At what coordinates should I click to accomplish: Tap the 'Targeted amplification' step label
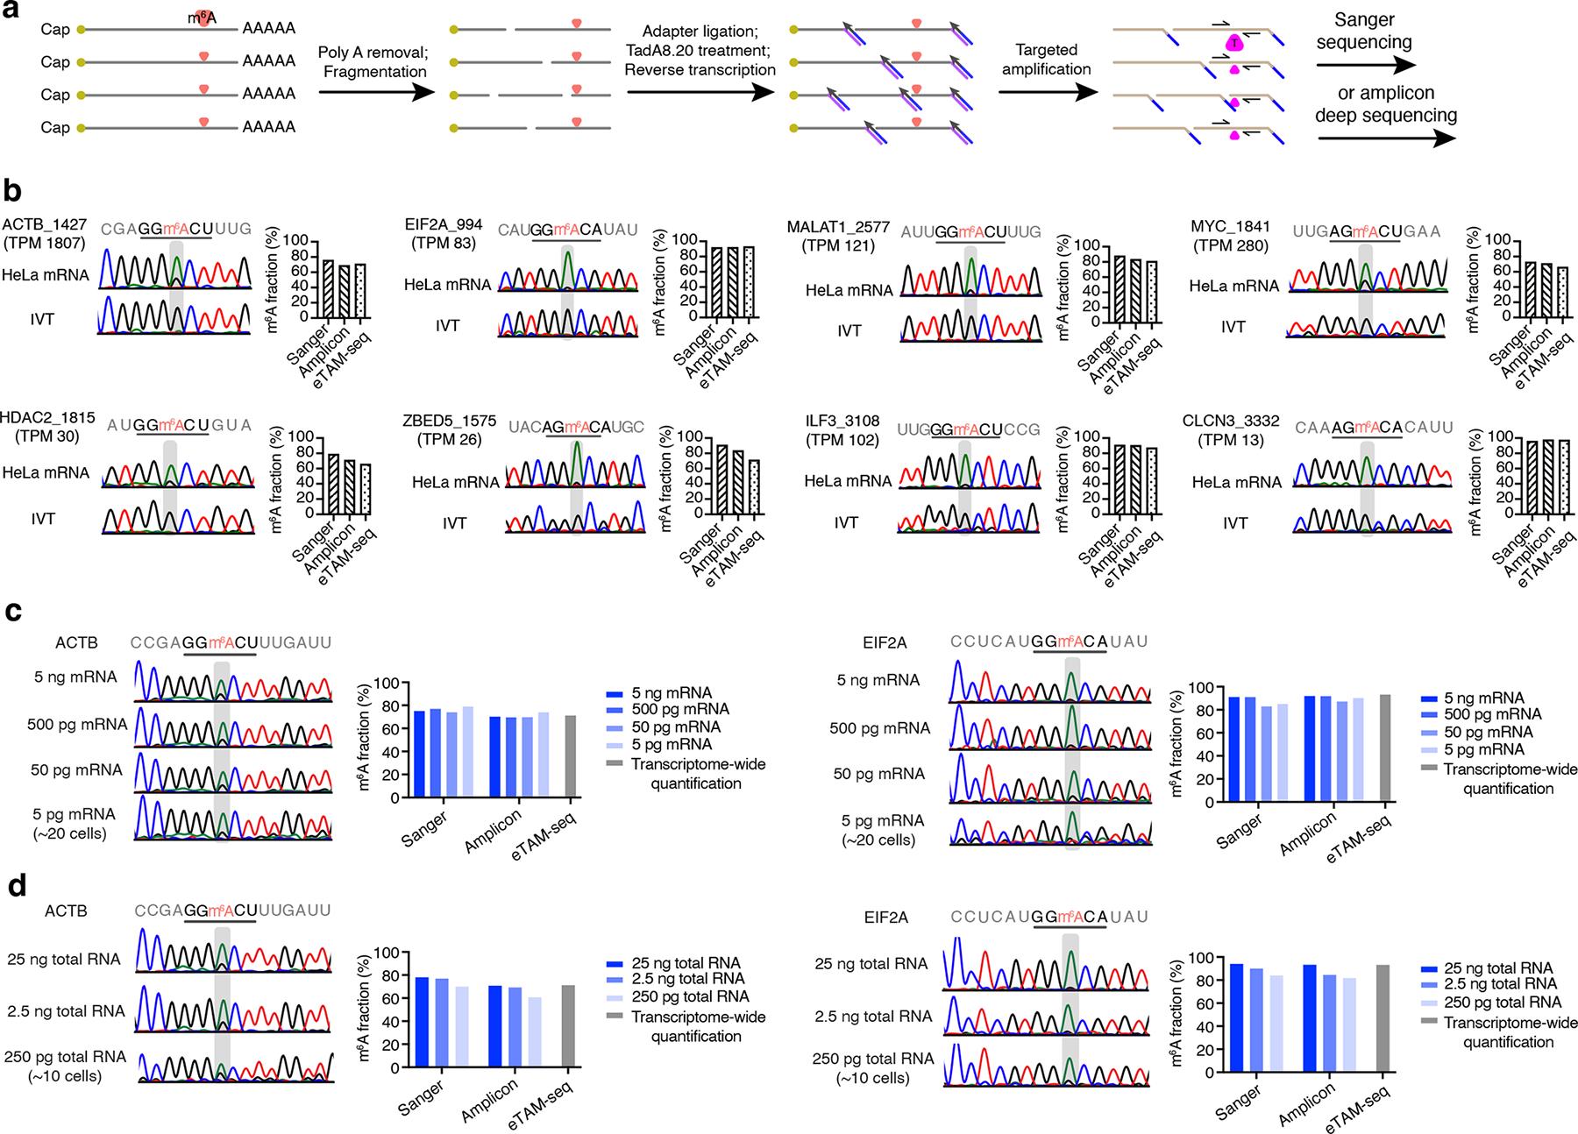pyautogui.click(x=1046, y=60)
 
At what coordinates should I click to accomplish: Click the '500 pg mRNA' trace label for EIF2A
pyautogui.click(x=878, y=727)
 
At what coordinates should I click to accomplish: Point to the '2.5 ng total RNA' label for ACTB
pyautogui.click(x=66, y=1010)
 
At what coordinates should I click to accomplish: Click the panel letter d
pyautogui.click(x=14, y=886)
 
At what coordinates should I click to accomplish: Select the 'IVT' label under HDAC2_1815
pyautogui.click(x=42, y=519)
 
